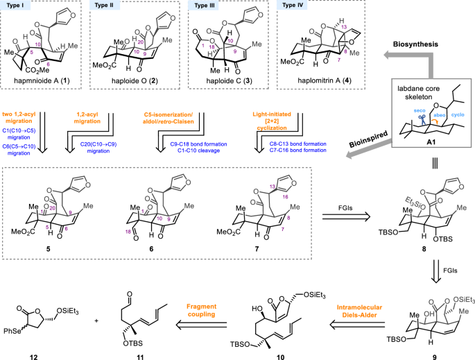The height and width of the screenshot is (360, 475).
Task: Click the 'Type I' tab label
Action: pos(17,5)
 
